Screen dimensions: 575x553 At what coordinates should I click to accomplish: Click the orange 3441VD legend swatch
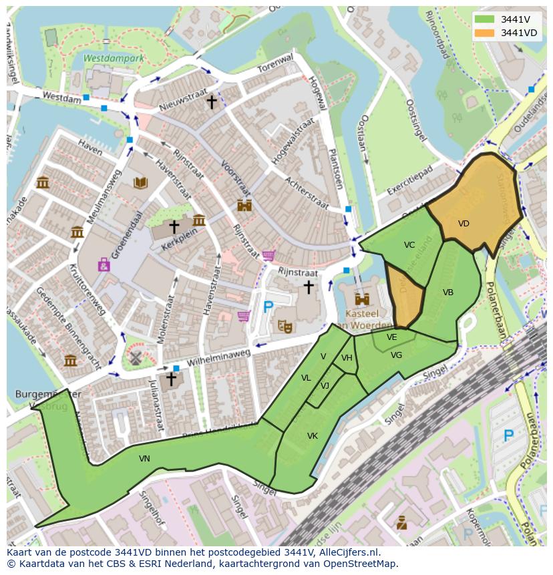486,32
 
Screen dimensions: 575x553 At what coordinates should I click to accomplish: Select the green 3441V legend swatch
486,19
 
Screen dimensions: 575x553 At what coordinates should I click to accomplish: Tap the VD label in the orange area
464,224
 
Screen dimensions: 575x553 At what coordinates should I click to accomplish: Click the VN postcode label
144,459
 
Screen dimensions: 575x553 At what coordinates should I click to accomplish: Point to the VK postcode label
312,436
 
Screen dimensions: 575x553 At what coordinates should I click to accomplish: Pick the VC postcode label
409,245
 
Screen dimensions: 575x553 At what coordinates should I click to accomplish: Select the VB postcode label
447,293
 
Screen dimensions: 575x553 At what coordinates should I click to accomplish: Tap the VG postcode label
396,355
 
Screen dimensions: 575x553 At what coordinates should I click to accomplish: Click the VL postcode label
306,378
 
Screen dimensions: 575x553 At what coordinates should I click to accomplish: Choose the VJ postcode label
325,386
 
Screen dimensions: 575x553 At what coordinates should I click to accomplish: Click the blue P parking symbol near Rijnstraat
268,307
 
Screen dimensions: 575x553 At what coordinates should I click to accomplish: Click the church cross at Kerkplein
174,226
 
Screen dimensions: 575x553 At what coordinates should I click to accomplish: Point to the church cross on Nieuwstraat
212,102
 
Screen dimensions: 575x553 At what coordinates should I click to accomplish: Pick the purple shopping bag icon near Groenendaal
104,265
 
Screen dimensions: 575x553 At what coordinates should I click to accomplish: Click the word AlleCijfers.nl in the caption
348,552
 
